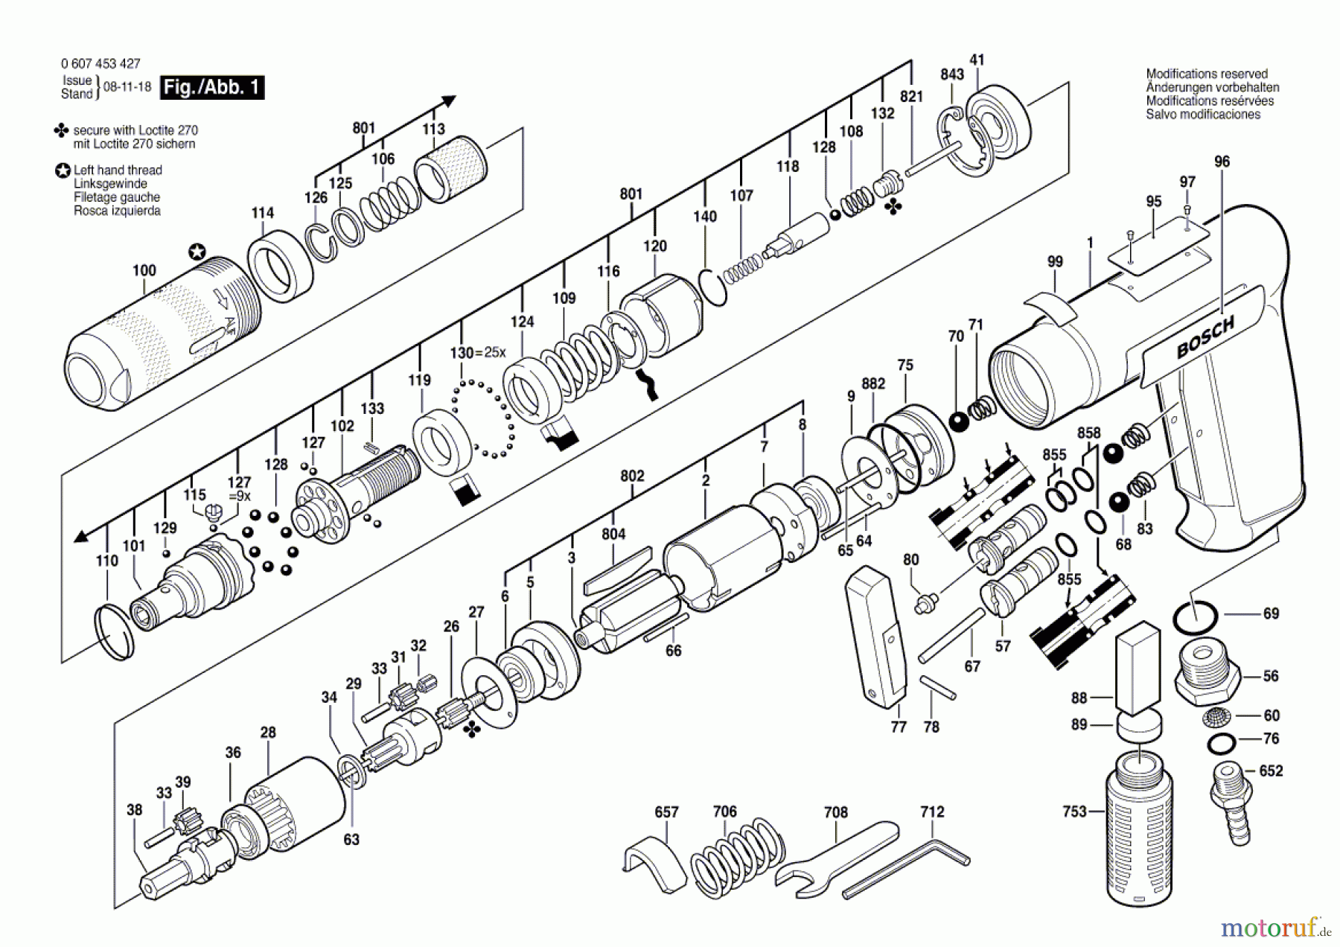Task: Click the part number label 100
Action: coord(144,270)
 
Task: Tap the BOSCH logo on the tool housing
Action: coord(1205,337)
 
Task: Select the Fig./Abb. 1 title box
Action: coord(213,87)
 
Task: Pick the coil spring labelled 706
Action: coord(738,856)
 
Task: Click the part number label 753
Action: coord(1074,811)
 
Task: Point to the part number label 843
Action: coord(951,74)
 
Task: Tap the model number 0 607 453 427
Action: coord(100,64)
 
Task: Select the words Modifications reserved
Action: coord(1206,74)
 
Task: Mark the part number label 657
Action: coord(666,812)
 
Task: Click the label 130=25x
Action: coord(477,352)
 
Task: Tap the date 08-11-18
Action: coord(127,86)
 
